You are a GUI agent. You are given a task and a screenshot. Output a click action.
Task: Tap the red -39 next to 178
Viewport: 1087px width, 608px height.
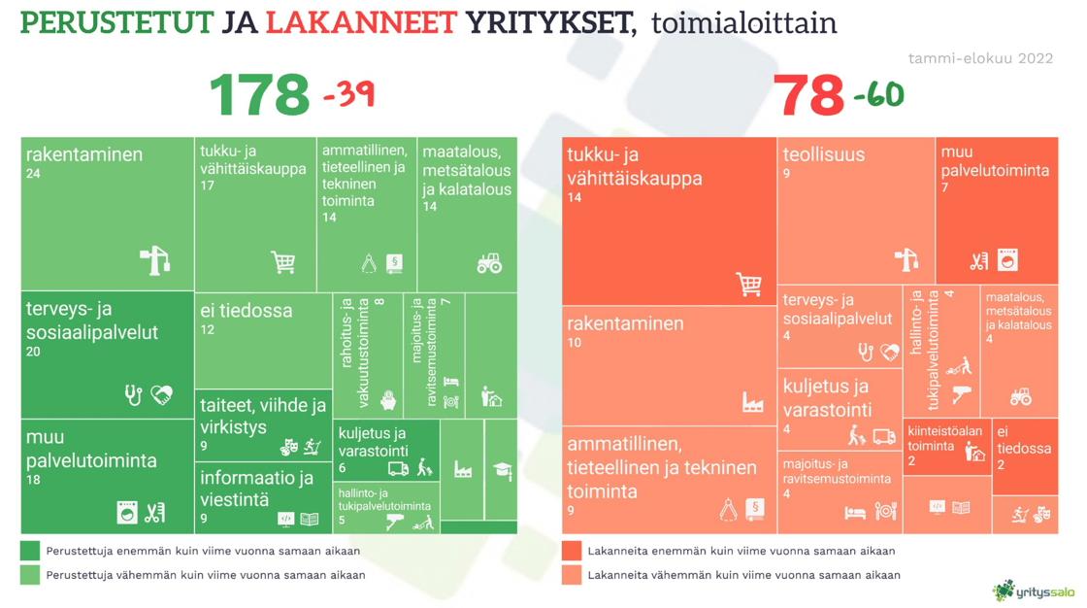tap(347, 94)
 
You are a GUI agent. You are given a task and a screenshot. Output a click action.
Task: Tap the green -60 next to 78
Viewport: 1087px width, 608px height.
tap(878, 94)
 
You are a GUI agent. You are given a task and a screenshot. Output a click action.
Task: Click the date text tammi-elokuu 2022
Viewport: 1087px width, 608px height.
tap(980, 58)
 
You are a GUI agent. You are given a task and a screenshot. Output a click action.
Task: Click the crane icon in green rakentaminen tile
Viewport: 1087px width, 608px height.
tap(155, 260)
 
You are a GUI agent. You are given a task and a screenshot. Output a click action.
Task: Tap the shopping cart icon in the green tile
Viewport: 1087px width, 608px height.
tap(282, 262)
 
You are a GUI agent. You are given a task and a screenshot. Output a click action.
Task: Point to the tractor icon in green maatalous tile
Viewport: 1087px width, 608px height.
tap(489, 263)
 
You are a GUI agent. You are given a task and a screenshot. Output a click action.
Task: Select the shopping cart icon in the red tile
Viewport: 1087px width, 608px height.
tap(748, 285)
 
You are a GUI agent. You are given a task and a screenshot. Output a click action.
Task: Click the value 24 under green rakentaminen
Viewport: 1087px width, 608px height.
tap(33, 175)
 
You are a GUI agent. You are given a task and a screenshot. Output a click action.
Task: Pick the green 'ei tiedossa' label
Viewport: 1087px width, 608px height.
tap(247, 311)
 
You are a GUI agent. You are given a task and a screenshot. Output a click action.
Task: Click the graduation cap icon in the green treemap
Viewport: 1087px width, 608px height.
tap(502, 471)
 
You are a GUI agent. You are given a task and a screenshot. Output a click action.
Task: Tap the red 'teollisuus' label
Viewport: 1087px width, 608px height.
tap(823, 153)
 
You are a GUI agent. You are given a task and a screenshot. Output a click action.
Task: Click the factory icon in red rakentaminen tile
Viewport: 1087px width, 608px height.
tap(753, 402)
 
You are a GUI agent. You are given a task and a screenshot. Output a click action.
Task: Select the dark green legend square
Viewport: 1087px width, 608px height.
tap(30, 551)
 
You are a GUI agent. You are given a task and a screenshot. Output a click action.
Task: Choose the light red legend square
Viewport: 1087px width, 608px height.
tap(572, 575)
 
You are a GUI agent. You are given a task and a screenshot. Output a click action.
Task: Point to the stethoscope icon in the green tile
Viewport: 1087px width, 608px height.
tap(134, 394)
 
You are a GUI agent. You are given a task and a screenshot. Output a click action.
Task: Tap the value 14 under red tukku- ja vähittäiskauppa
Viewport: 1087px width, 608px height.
tap(575, 198)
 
